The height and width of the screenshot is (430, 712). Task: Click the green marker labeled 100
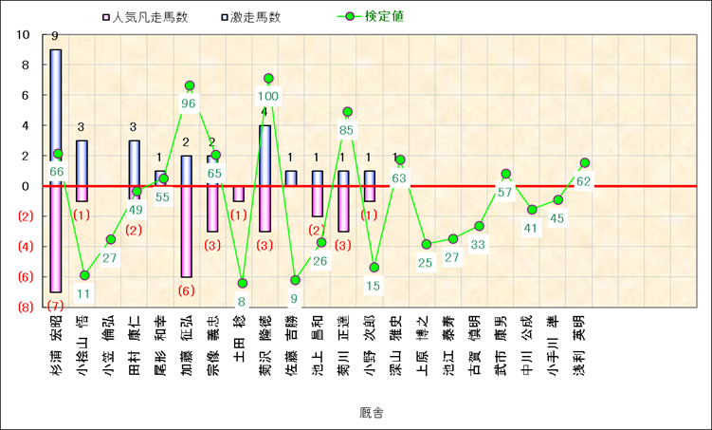tap(268, 79)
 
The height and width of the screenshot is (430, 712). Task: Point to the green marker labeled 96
tap(190, 86)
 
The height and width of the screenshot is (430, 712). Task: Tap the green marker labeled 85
tap(347, 112)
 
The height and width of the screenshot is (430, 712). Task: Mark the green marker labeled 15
tap(374, 268)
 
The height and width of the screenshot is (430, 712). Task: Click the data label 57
tap(504, 193)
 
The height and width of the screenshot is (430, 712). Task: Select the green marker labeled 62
tap(584, 163)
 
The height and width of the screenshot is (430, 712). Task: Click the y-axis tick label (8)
tap(22, 308)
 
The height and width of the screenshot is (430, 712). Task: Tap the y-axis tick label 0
tap(27, 186)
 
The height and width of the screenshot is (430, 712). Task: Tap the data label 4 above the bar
tap(265, 114)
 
